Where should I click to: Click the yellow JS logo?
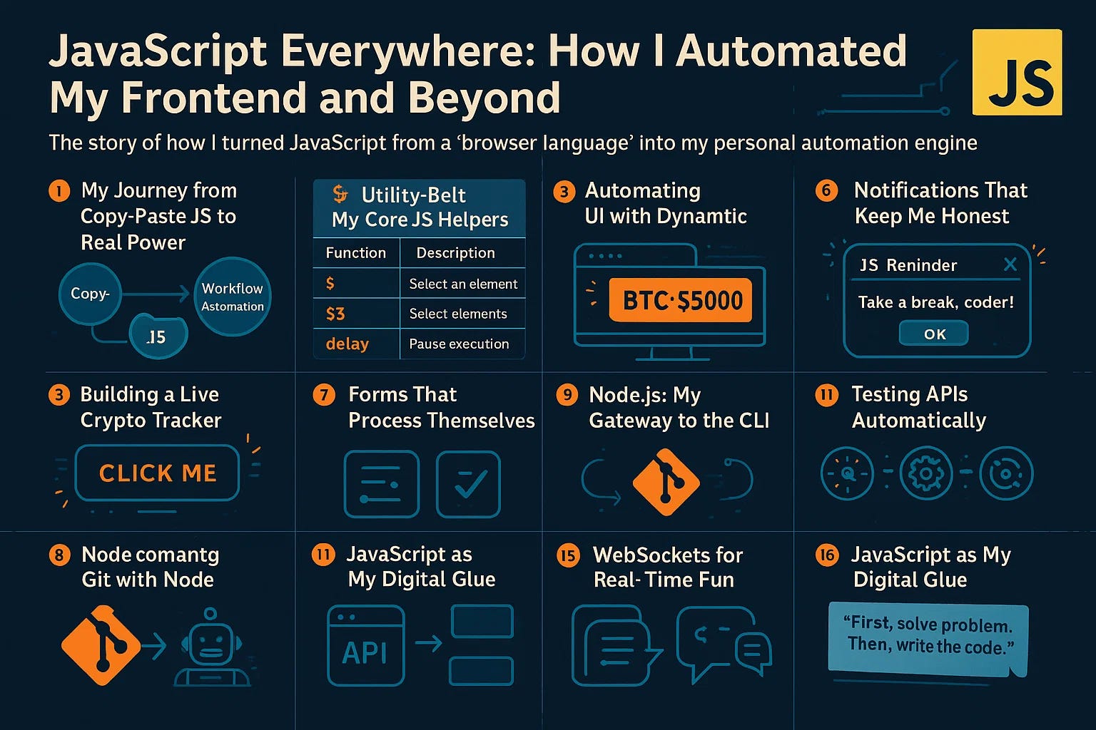(x=1017, y=72)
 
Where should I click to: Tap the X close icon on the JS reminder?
(x=1010, y=264)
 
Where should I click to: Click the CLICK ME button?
(x=157, y=473)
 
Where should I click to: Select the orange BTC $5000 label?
(x=682, y=301)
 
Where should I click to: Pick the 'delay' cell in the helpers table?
(x=347, y=344)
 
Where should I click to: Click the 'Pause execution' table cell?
(x=459, y=344)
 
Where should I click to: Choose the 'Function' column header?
(x=355, y=252)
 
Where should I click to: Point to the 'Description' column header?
(x=455, y=252)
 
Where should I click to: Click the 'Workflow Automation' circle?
(x=232, y=297)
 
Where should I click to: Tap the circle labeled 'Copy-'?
(x=90, y=294)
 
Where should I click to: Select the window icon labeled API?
(x=365, y=645)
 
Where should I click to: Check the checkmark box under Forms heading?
(x=468, y=484)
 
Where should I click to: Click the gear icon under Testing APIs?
(x=925, y=473)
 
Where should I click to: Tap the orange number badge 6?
(x=826, y=191)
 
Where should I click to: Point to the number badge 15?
(x=568, y=555)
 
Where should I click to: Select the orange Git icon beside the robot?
(x=100, y=645)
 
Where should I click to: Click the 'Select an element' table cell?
(x=463, y=284)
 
